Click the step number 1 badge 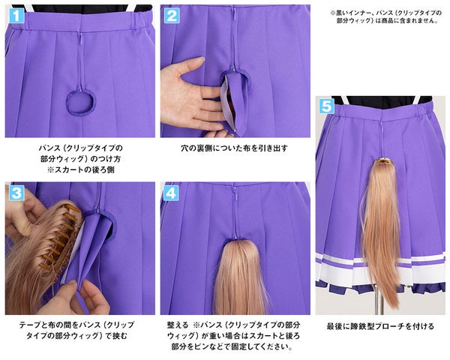click(16, 15)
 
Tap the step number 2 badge click(172, 15)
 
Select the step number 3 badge click(16, 193)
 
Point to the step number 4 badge click(171, 193)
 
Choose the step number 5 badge click(326, 106)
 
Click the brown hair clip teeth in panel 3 click(58, 235)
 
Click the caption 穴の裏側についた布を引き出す click(234, 148)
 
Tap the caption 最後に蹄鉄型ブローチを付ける click(380, 326)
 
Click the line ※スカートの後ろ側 click(81, 169)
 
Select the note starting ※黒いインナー click(385, 16)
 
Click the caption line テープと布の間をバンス click(76, 325)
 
